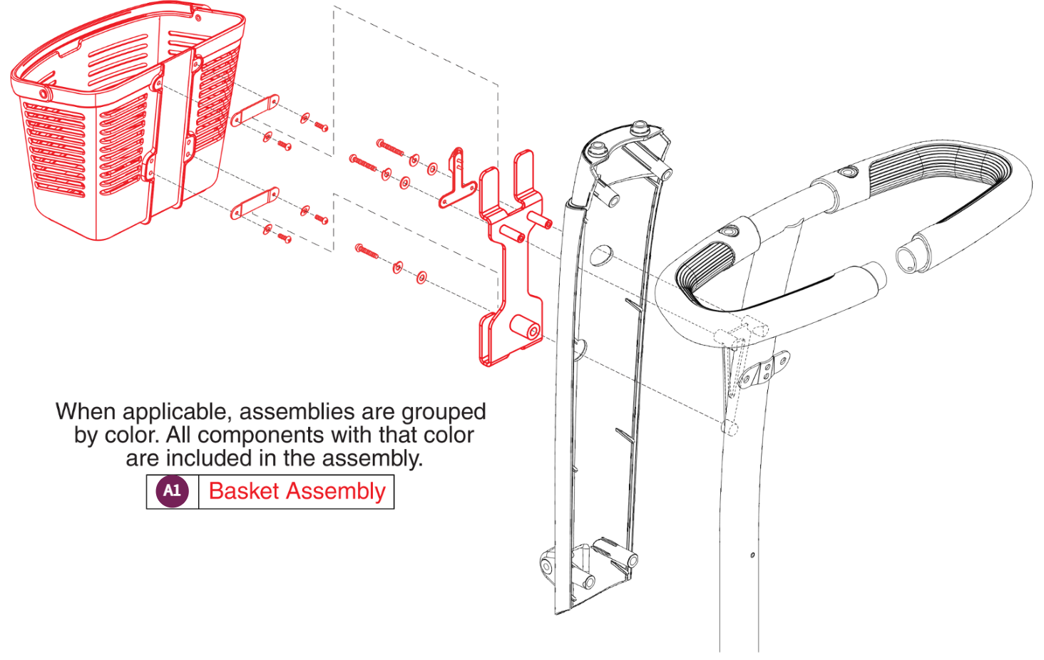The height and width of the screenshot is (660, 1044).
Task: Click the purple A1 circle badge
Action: [x=172, y=491]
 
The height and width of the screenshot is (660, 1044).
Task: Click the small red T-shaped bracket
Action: [x=456, y=182]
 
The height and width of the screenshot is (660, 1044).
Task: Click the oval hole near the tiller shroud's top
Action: [x=601, y=255]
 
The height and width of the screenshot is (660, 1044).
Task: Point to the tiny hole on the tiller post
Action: [x=752, y=555]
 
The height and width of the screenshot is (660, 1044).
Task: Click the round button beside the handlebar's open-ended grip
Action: [x=847, y=172]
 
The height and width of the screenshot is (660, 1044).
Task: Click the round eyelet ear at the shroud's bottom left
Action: [x=546, y=567]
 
